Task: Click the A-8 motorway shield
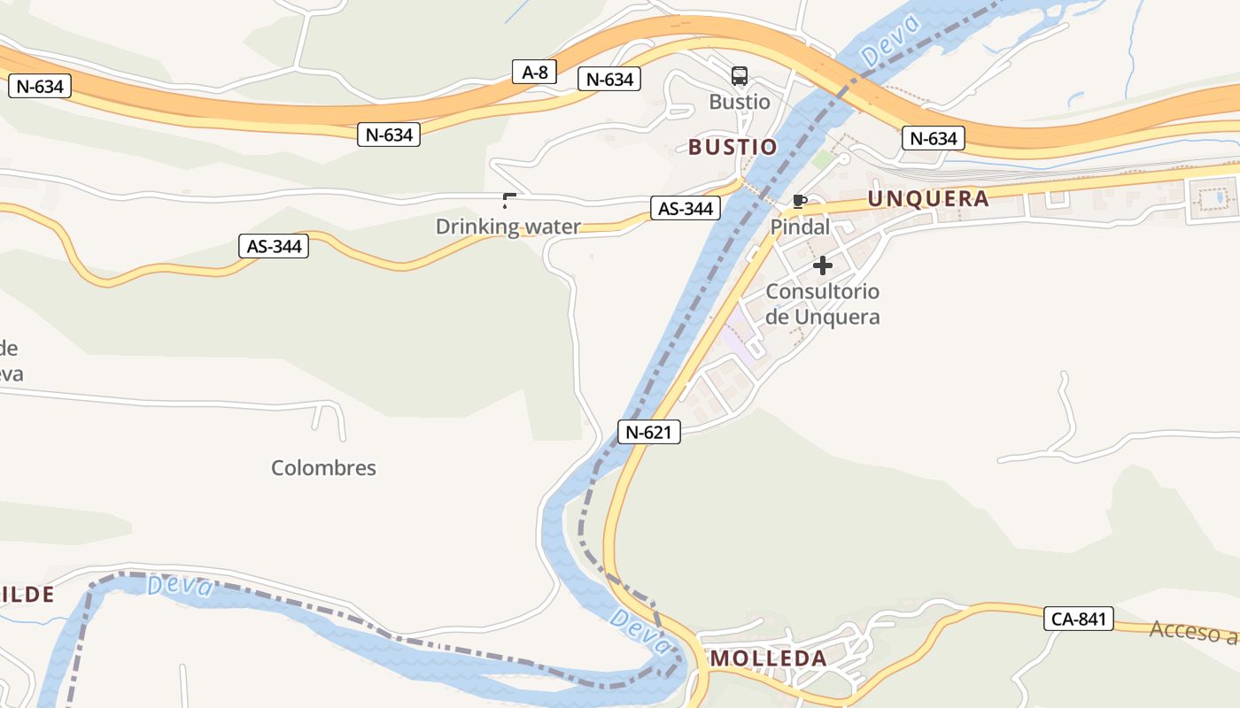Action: click(x=534, y=73)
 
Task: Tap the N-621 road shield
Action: click(x=649, y=432)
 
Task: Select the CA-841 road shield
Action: click(x=1078, y=619)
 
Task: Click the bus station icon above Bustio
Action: click(x=740, y=76)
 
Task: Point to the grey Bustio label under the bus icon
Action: click(x=740, y=102)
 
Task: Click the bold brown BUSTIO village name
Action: click(x=732, y=147)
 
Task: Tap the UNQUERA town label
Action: click(x=928, y=198)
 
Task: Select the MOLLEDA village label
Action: click(x=769, y=658)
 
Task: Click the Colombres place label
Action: click(x=323, y=468)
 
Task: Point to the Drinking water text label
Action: click(x=508, y=227)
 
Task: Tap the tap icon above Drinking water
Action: click(x=508, y=200)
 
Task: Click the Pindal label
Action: click(x=800, y=227)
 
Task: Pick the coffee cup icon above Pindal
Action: click(x=800, y=201)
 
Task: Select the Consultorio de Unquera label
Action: click(x=822, y=304)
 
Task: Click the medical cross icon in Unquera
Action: click(x=823, y=265)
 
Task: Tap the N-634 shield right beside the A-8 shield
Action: click(x=609, y=80)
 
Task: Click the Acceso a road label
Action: click(x=1193, y=631)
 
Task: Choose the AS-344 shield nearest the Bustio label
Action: click(x=685, y=209)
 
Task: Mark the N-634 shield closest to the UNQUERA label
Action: click(x=934, y=138)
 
